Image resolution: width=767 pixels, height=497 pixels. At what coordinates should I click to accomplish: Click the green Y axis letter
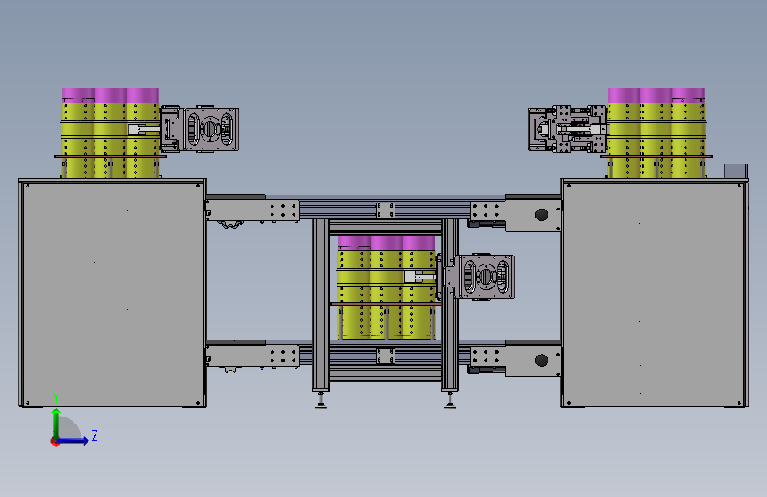point(56,397)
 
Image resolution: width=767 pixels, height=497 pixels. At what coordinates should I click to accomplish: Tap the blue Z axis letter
point(95,435)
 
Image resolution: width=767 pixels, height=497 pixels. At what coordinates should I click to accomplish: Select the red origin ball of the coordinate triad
point(55,441)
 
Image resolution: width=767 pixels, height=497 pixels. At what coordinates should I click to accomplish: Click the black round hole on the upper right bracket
point(541,215)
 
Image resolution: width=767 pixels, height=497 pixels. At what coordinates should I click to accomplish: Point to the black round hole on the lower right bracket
point(541,361)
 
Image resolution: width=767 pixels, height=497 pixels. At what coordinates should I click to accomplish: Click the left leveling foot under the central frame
point(321,401)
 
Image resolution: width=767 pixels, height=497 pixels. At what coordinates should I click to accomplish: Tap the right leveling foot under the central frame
point(450,401)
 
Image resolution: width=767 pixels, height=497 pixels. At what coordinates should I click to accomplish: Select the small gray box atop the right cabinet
point(735,172)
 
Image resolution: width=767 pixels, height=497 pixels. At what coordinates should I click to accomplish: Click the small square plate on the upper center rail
point(386,210)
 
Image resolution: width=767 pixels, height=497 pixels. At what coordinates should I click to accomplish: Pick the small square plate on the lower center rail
point(386,356)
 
